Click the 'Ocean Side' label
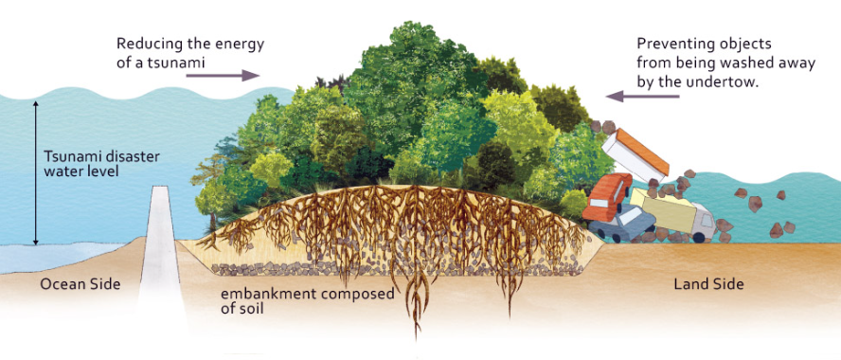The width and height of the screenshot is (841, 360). [x=80, y=283]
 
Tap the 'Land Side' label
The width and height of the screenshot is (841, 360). [x=708, y=283]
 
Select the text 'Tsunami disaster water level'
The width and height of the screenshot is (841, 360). [x=101, y=165]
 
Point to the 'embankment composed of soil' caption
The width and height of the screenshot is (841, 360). [x=308, y=301]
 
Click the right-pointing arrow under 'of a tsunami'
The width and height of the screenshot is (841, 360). [x=223, y=76]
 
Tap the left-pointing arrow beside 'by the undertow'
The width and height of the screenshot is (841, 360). [x=642, y=97]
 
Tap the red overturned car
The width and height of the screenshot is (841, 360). [x=607, y=197]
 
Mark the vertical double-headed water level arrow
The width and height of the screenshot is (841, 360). [x=36, y=172]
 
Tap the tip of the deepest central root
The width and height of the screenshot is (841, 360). [x=416, y=339]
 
